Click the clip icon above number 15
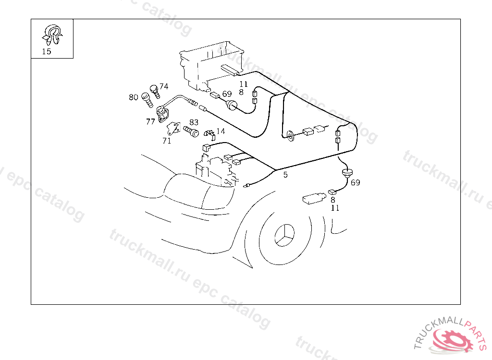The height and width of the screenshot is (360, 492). click(x=52, y=35)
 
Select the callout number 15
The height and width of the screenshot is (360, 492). click(x=47, y=51)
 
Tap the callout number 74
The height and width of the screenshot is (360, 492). click(x=164, y=86)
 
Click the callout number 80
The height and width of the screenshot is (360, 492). click(x=134, y=97)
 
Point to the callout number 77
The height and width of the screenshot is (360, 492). click(x=150, y=121)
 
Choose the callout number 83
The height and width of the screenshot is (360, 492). click(x=194, y=122)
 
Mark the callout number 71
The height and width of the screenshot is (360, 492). click(x=167, y=141)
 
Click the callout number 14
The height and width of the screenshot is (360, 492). click(x=221, y=131)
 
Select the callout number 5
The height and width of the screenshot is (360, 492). click(x=285, y=175)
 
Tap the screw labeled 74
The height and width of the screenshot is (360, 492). click(x=155, y=91)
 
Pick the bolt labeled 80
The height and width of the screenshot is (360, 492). click(x=147, y=100)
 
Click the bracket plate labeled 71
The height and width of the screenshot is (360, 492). click(x=173, y=129)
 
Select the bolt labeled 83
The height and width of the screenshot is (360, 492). click(x=191, y=131)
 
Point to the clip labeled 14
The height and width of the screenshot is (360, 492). click(x=210, y=134)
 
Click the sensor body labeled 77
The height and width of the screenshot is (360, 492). click(x=162, y=113)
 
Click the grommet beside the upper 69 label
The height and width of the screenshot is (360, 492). click(x=232, y=105)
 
